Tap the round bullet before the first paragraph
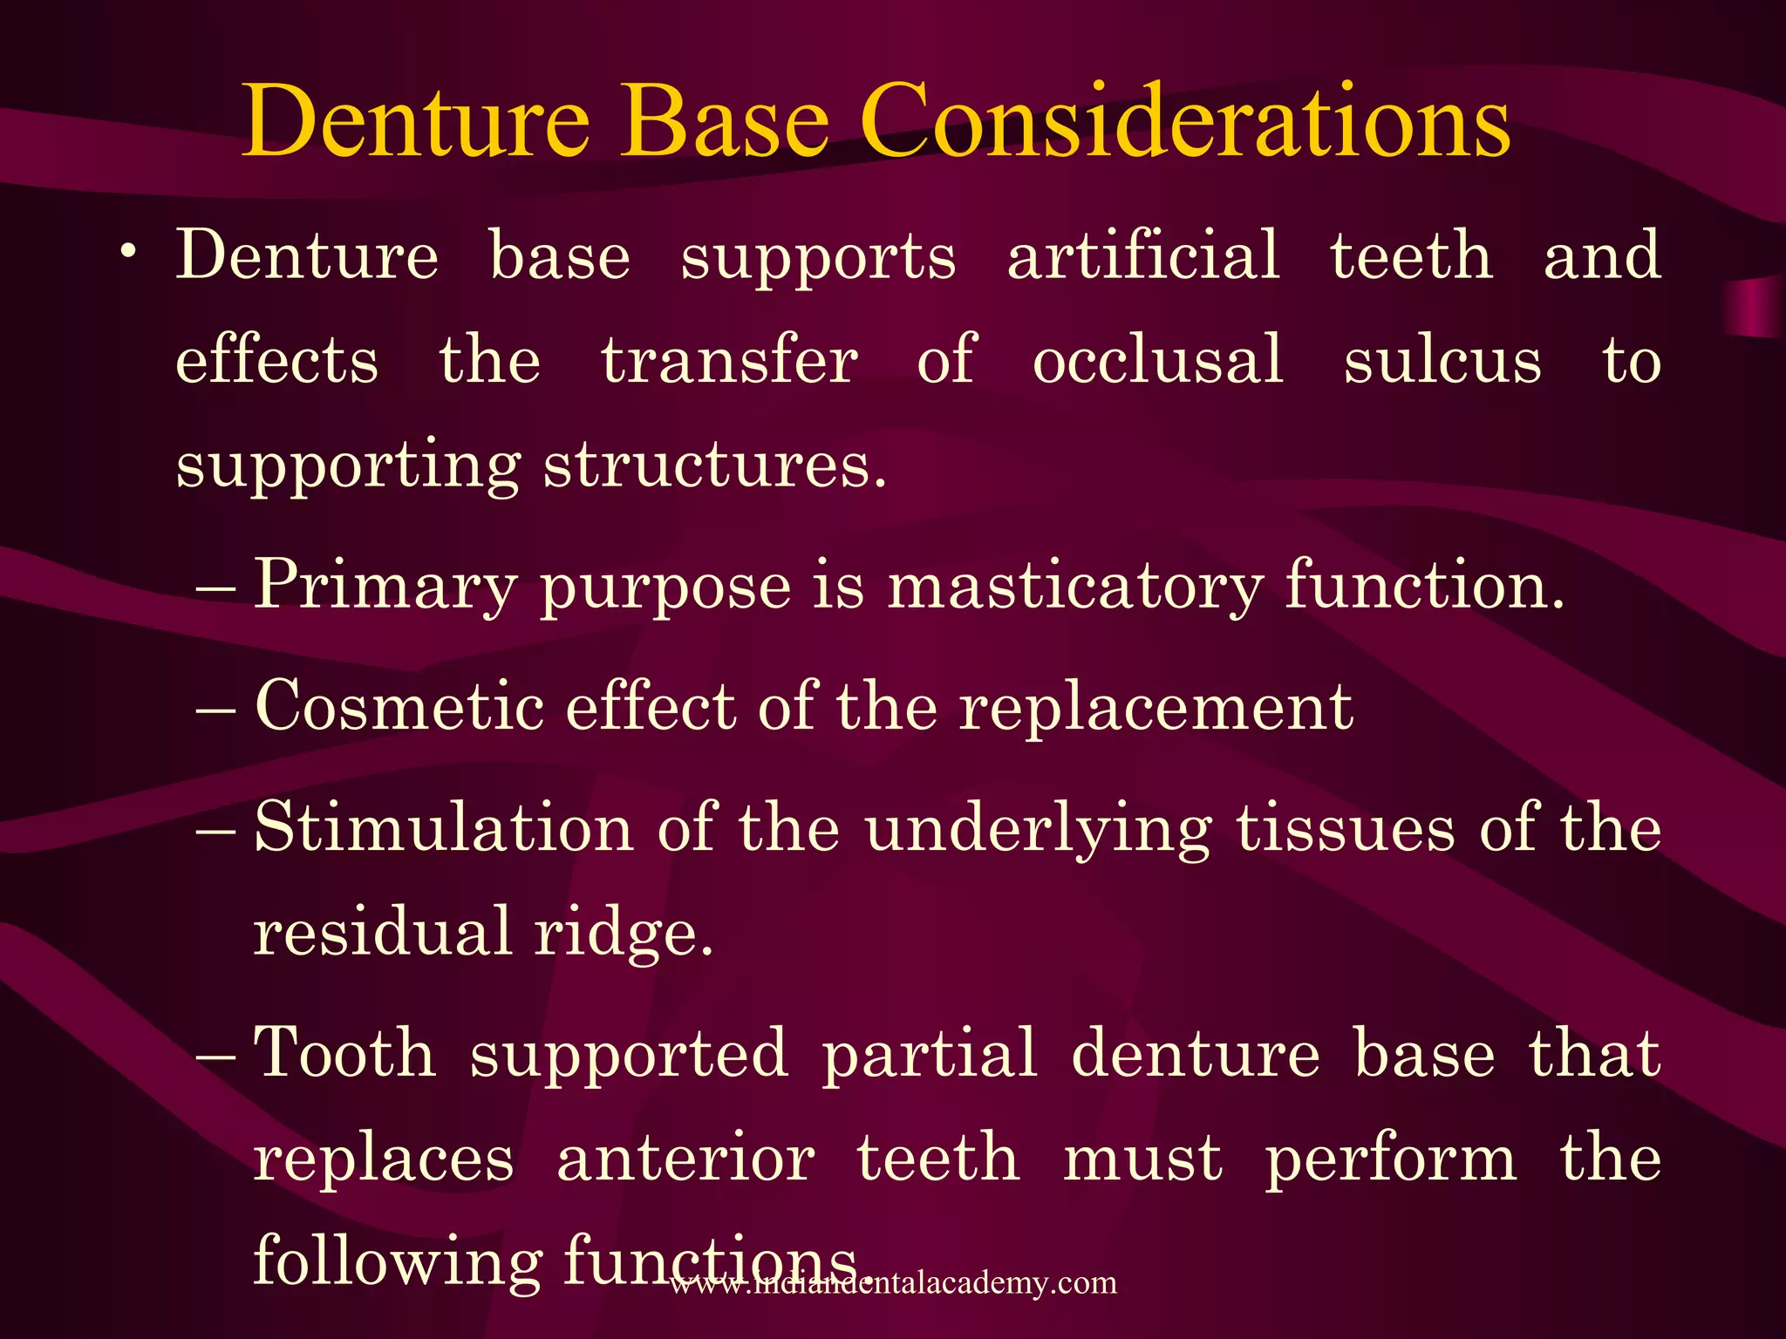click(128, 252)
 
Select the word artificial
click(1143, 255)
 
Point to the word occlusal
click(1157, 360)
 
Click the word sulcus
click(1442, 360)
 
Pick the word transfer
click(729, 360)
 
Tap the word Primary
click(385, 585)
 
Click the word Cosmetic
click(399, 705)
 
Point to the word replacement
click(1155, 705)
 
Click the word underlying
click(1038, 828)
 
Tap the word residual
click(382, 930)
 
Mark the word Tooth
click(344, 1052)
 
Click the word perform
click(1390, 1159)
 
